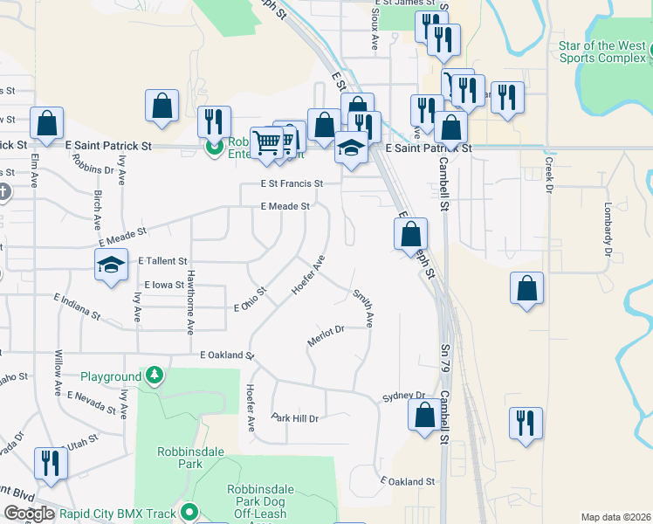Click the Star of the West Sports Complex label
point(602,52)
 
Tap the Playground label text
point(111,376)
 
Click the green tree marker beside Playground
point(155,376)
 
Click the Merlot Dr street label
point(326,335)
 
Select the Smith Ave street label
point(363,309)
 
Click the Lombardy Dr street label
point(606,231)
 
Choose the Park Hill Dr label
point(295,418)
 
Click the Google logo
point(29,514)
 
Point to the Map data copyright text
point(615,517)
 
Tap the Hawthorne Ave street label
point(189,301)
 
